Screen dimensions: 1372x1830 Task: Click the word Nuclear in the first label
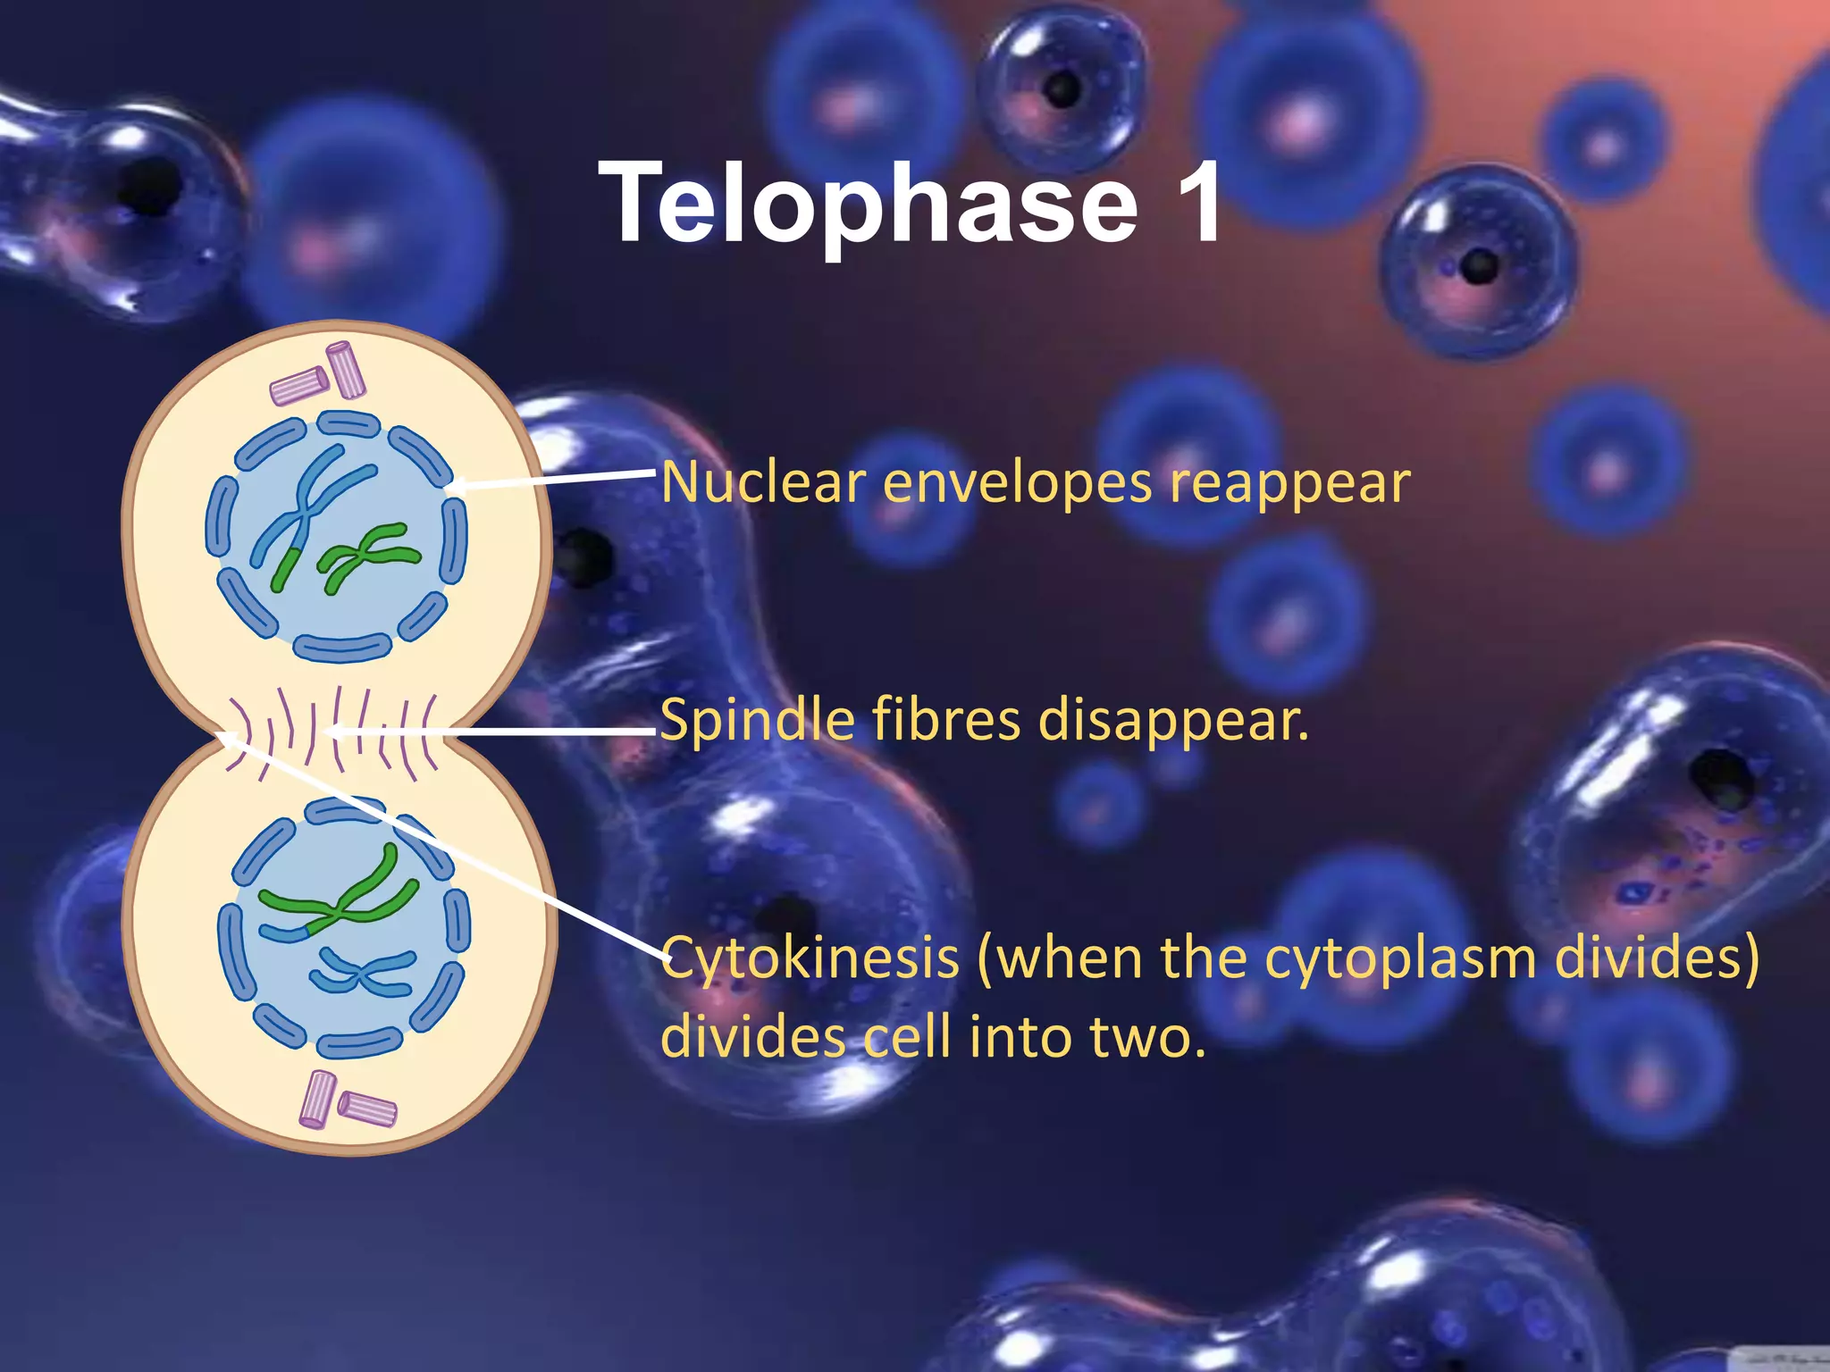763,483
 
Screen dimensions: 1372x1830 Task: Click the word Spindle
758,720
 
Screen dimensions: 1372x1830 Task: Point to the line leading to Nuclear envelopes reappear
554,479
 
